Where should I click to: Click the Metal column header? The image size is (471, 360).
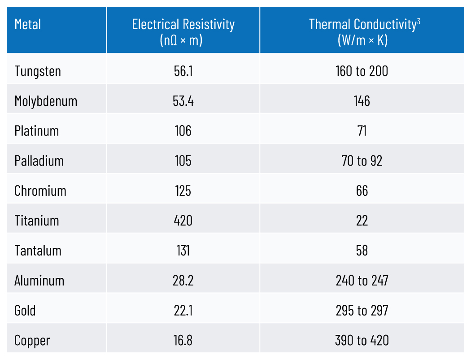28,24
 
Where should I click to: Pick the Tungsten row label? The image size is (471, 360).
38,71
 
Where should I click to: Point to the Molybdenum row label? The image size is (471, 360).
46,101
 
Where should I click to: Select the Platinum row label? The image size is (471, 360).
37,131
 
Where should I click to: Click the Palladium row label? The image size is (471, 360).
39,161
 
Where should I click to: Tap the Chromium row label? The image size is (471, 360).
40,191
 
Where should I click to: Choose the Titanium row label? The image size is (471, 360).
37,221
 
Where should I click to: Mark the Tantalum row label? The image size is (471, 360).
38,250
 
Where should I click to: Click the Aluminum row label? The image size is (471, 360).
39,281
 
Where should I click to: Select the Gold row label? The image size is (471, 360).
25,311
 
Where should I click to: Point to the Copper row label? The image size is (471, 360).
32,340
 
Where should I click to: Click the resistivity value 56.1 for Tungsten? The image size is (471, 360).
183,71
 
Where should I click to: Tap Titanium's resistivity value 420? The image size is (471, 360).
183,221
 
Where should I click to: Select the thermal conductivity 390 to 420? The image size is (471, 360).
362,340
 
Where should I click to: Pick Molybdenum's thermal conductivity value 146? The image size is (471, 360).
362,101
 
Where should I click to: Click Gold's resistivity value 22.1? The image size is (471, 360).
183,311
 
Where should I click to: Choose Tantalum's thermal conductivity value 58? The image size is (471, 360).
362,250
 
